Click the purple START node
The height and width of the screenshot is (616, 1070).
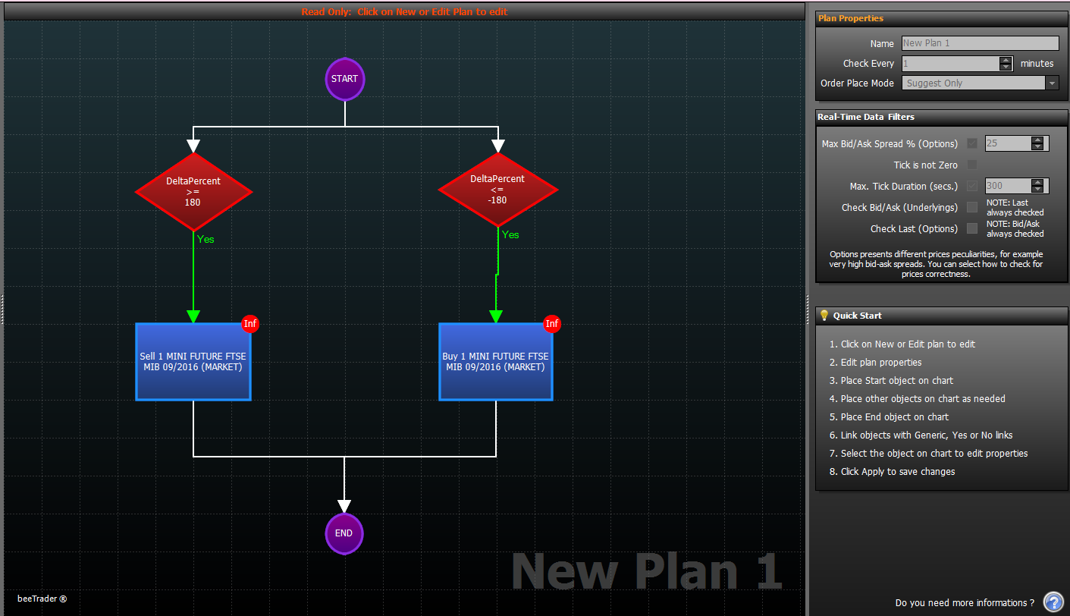click(x=344, y=79)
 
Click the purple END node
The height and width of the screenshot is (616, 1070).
click(x=344, y=533)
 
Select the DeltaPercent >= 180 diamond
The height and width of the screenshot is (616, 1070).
click(x=193, y=192)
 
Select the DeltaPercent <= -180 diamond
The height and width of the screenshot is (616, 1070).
click(x=497, y=189)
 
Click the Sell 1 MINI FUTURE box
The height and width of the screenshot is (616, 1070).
click(x=193, y=362)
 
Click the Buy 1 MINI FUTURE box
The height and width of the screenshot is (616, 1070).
click(x=496, y=362)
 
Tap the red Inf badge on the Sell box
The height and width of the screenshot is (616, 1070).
click(x=249, y=323)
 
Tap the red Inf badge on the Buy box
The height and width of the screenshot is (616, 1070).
click(x=552, y=323)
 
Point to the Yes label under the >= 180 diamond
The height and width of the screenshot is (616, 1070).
click(x=206, y=239)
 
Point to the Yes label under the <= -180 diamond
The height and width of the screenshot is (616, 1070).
click(x=510, y=234)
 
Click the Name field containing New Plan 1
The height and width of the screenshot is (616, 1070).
click(x=981, y=43)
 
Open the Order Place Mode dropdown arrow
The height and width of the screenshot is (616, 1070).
click(x=1052, y=83)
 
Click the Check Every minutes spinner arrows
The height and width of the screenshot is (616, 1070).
click(x=1006, y=64)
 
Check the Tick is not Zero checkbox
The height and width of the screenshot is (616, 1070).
click(x=971, y=165)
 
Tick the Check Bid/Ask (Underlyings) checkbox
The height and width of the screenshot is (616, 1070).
click(x=971, y=207)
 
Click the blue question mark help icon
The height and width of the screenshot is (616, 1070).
click(x=1053, y=602)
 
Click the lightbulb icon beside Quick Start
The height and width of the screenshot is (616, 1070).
click(x=824, y=316)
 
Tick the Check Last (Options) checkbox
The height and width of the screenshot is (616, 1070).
click(x=971, y=228)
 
